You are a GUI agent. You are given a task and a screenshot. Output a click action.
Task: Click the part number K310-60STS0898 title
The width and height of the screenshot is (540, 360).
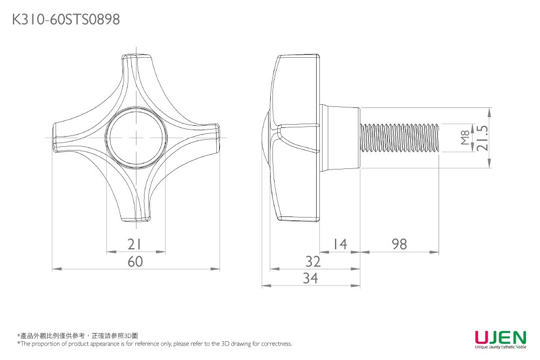tap(65, 20)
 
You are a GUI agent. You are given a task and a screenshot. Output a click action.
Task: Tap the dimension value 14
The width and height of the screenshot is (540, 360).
tap(339, 244)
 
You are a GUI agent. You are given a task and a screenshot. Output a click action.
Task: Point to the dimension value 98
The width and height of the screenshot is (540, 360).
tap(400, 244)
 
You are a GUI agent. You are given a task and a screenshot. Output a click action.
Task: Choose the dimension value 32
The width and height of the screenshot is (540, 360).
tap(313, 262)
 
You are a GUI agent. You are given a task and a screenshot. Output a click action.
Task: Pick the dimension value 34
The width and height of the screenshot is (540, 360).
tap(310, 279)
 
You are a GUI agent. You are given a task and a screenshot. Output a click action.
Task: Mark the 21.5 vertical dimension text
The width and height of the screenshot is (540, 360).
tap(482, 138)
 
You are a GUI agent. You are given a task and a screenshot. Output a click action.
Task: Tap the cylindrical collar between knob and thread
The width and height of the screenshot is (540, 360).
tap(340, 138)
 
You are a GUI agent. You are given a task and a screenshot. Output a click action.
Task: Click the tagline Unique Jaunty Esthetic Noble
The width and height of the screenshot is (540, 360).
tap(500, 348)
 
